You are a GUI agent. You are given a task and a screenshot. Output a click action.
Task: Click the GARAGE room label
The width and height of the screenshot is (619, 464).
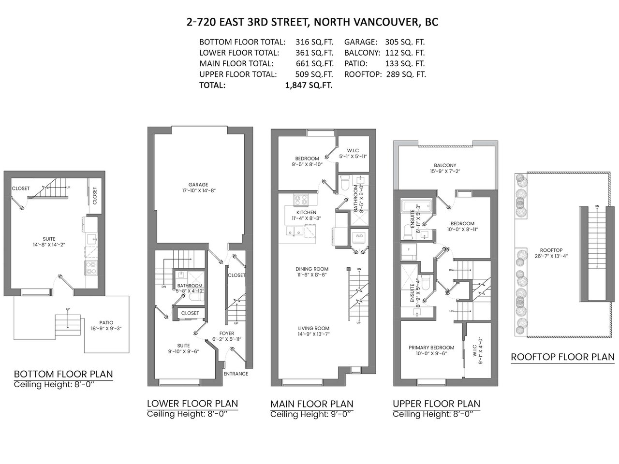[198, 185]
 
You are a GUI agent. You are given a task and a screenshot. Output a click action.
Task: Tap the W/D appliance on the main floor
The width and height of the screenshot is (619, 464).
[359, 236]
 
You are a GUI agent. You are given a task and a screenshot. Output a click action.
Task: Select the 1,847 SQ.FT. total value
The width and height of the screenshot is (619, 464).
[309, 86]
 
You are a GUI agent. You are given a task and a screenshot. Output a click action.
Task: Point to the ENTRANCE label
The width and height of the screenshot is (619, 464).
[236, 374]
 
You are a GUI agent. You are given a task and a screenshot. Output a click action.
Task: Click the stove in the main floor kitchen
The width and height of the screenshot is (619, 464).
[301, 200]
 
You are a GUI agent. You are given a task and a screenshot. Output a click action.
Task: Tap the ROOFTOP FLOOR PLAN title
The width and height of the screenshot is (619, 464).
[562, 357]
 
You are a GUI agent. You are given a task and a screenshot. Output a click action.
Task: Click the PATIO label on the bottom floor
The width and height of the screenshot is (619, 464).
[106, 322]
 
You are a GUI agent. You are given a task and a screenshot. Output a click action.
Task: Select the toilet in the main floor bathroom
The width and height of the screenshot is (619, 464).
[345, 183]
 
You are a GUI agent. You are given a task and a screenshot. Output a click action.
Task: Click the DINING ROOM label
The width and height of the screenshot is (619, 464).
[312, 269]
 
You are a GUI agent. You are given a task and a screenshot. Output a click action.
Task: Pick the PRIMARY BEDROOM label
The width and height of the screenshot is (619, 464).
[431, 348]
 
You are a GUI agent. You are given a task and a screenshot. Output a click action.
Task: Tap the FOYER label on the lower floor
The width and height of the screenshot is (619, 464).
[226, 333]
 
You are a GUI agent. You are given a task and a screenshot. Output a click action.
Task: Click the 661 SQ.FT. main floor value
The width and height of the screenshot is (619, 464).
[314, 64]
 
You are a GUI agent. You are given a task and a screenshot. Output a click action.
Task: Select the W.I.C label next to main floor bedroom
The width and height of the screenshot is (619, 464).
[353, 151]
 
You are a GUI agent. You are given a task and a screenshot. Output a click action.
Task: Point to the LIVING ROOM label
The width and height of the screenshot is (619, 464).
[313, 328]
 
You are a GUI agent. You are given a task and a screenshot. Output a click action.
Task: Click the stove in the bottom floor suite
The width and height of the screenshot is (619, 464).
[91, 267]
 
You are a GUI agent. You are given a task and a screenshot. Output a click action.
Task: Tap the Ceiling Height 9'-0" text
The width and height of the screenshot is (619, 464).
[311, 414]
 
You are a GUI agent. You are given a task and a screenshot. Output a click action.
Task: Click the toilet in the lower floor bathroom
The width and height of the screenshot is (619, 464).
[196, 297]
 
